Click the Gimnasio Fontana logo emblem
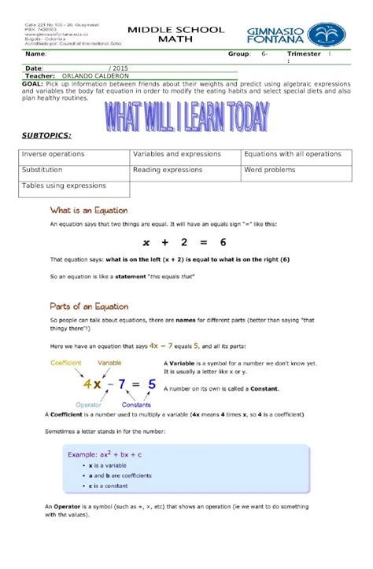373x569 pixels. [x=326, y=35]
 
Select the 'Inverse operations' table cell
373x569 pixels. [x=53, y=154]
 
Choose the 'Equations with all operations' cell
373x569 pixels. [x=292, y=154]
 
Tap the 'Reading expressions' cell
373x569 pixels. [x=168, y=170]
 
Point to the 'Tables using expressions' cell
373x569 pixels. [x=63, y=186]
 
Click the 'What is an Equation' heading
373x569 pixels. [x=89, y=211]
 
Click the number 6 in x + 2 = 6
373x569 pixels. [x=223, y=242]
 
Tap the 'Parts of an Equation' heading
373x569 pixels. [x=89, y=307]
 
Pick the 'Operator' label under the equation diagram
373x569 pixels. [x=88, y=404]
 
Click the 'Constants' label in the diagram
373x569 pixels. [x=137, y=404]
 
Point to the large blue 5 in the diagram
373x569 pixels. [x=152, y=384]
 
